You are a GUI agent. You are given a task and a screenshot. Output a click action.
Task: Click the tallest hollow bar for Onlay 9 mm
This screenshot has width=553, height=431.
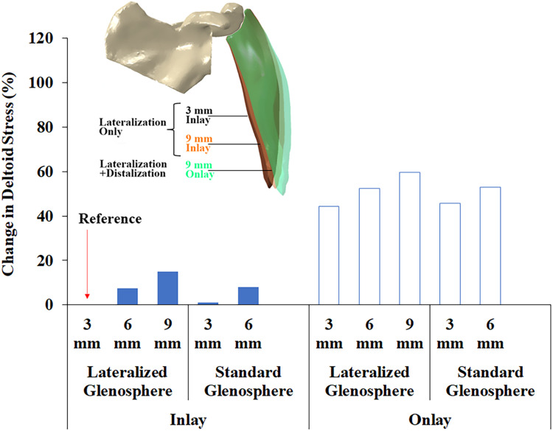click(x=409, y=238)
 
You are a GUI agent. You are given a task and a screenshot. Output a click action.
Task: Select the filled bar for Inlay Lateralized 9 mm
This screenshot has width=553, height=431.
click(x=167, y=288)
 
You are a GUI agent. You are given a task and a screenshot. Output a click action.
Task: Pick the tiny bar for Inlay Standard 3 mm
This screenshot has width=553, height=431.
click(x=209, y=303)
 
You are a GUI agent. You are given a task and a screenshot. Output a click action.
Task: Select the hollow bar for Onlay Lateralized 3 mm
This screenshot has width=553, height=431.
click(x=329, y=255)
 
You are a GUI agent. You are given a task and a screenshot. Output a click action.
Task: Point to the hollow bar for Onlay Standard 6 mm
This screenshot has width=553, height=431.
click(x=490, y=245)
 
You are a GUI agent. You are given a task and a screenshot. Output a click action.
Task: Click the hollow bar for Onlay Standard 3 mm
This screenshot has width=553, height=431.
click(x=450, y=253)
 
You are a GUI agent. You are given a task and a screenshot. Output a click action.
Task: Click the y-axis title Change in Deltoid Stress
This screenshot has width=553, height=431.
click(x=13, y=171)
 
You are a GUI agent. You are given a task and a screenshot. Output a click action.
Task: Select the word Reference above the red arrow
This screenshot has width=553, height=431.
click(x=110, y=219)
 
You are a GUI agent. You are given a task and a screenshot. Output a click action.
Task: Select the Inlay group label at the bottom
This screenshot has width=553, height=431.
click(x=187, y=419)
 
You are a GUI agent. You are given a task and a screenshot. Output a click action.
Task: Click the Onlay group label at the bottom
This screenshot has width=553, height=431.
click(x=431, y=419)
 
